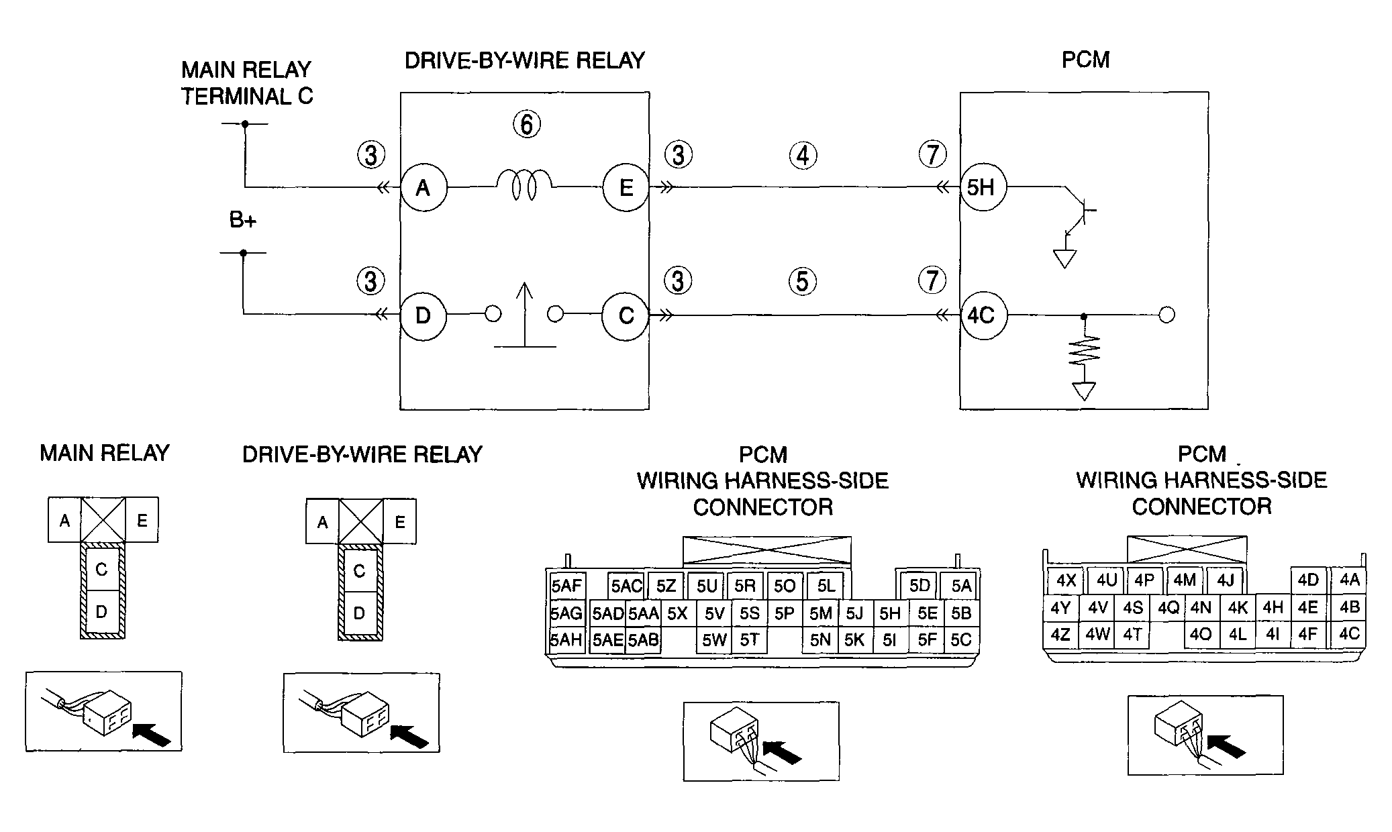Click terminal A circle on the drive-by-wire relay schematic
click(x=424, y=188)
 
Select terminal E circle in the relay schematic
click(x=626, y=188)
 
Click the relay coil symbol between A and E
click(x=524, y=185)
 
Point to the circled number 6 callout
click(x=527, y=124)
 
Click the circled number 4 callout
click(x=803, y=156)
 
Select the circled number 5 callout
click(x=803, y=281)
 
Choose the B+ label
click(x=243, y=220)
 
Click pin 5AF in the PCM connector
click(x=566, y=586)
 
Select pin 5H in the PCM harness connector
click(x=890, y=613)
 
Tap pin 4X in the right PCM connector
click(x=1066, y=580)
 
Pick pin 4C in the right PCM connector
click(x=1348, y=633)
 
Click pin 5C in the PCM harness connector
click(x=961, y=640)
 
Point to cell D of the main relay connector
click(x=101, y=612)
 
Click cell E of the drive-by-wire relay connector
click(x=400, y=521)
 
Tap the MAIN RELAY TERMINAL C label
click(x=247, y=83)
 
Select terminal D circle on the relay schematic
click(x=424, y=315)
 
